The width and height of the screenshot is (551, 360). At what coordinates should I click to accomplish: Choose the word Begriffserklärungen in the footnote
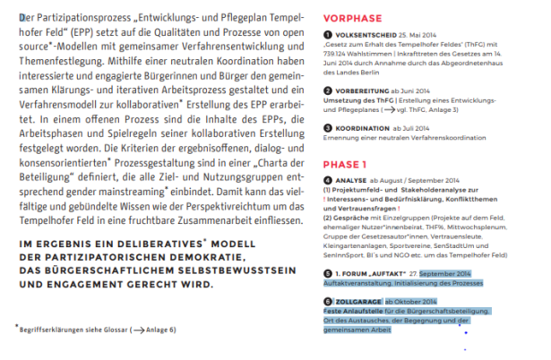(x=48, y=330)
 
